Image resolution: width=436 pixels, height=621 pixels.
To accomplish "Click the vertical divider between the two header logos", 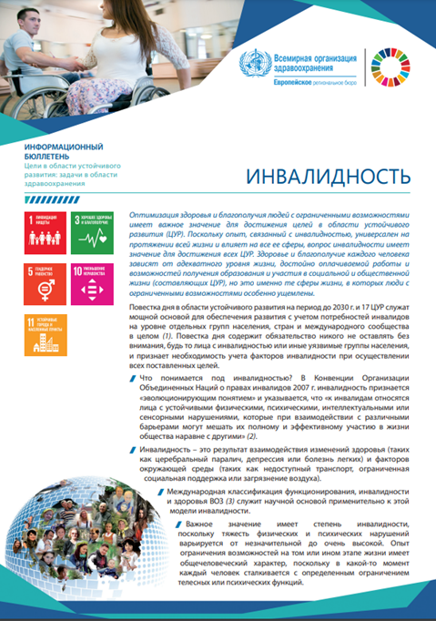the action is (364, 64).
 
